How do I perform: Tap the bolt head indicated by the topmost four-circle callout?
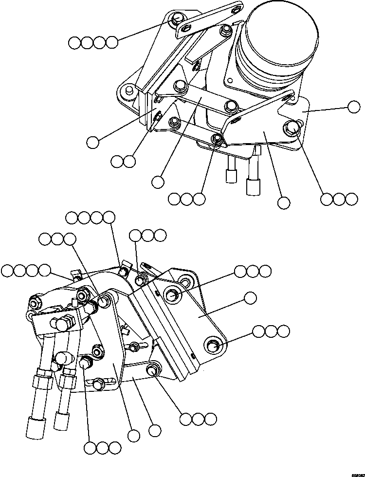(178, 20)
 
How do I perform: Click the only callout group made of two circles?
(123, 161)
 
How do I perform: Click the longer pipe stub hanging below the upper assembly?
(254, 183)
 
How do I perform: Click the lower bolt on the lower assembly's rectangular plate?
(213, 346)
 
